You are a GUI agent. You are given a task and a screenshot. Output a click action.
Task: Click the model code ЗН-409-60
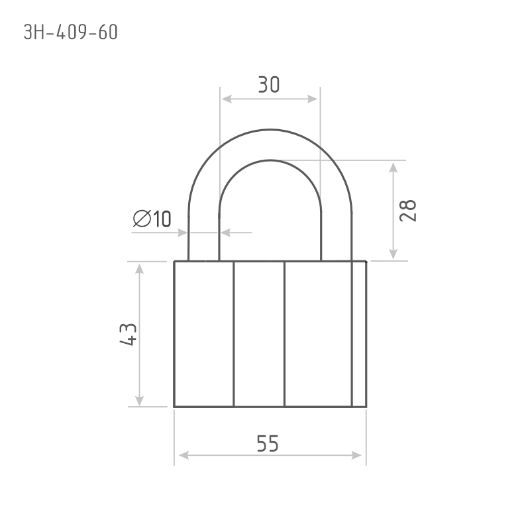(71, 32)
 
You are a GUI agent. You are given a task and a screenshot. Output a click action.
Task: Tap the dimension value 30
(269, 85)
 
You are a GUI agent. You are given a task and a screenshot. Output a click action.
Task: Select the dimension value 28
(407, 211)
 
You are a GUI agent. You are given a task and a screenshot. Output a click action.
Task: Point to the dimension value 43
(129, 335)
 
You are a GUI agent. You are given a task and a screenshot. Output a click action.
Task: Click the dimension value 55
(268, 443)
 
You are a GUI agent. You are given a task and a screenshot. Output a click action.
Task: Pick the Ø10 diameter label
(152, 219)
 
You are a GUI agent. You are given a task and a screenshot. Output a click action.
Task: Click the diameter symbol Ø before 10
(142, 219)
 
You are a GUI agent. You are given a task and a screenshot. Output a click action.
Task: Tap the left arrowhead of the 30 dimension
(227, 99)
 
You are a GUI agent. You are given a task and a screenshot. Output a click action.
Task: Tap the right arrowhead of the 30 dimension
(312, 99)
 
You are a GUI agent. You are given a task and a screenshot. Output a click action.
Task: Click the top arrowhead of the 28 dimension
(393, 168)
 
